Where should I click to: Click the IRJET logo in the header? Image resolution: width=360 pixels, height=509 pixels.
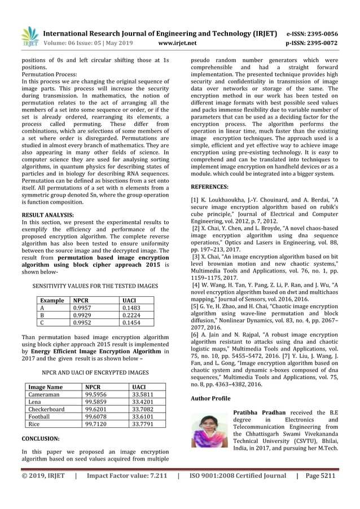(x=29, y=36)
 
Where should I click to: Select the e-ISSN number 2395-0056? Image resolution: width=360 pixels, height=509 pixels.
(x=323, y=33)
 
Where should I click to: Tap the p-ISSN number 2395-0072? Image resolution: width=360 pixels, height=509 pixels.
(x=323, y=42)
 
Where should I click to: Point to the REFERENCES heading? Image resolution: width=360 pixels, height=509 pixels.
(x=210, y=186)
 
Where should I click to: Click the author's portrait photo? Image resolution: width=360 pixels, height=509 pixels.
(x=209, y=430)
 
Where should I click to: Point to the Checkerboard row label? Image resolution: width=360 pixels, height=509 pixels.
(x=46, y=409)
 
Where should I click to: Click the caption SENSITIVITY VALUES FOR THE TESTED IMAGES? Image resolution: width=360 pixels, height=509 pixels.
(x=95, y=287)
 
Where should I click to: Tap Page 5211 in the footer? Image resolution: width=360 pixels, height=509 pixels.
(x=321, y=476)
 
